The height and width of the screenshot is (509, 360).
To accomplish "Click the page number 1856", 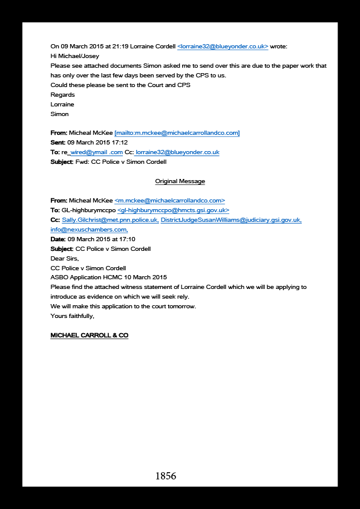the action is click(x=166, y=476).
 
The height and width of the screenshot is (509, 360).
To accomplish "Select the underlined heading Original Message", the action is click(x=180, y=181).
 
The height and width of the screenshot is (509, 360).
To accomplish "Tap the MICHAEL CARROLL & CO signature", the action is click(x=90, y=336).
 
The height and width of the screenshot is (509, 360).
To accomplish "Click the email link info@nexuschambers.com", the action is click(x=89, y=230).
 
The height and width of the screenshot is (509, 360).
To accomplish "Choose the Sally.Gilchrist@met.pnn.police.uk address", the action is click(x=111, y=220).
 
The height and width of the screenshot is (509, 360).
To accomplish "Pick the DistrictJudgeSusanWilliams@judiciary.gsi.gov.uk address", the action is click(x=231, y=220).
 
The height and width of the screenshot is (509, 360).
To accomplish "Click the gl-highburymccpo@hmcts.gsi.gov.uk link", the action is click(x=173, y=210).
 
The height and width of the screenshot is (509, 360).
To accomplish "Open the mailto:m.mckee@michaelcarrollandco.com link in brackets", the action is click(x=177, y=133).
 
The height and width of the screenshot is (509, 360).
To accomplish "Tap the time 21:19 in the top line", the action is click(x=120, y=47).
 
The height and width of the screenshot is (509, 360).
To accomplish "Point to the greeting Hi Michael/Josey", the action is click(x=75, y=56).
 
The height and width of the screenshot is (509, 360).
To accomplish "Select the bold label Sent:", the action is click(x=58, y=143).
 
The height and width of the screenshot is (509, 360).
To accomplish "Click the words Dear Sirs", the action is click(x=65, y=259).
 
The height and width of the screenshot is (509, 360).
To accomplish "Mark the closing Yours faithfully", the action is click(x=72, y=316).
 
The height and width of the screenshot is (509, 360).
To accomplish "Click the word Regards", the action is click(x=63, y=95).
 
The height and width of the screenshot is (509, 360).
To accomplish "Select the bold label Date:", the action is click(x=58, y=239).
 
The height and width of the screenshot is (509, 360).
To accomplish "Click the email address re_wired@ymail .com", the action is click(x=93, y=152).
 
